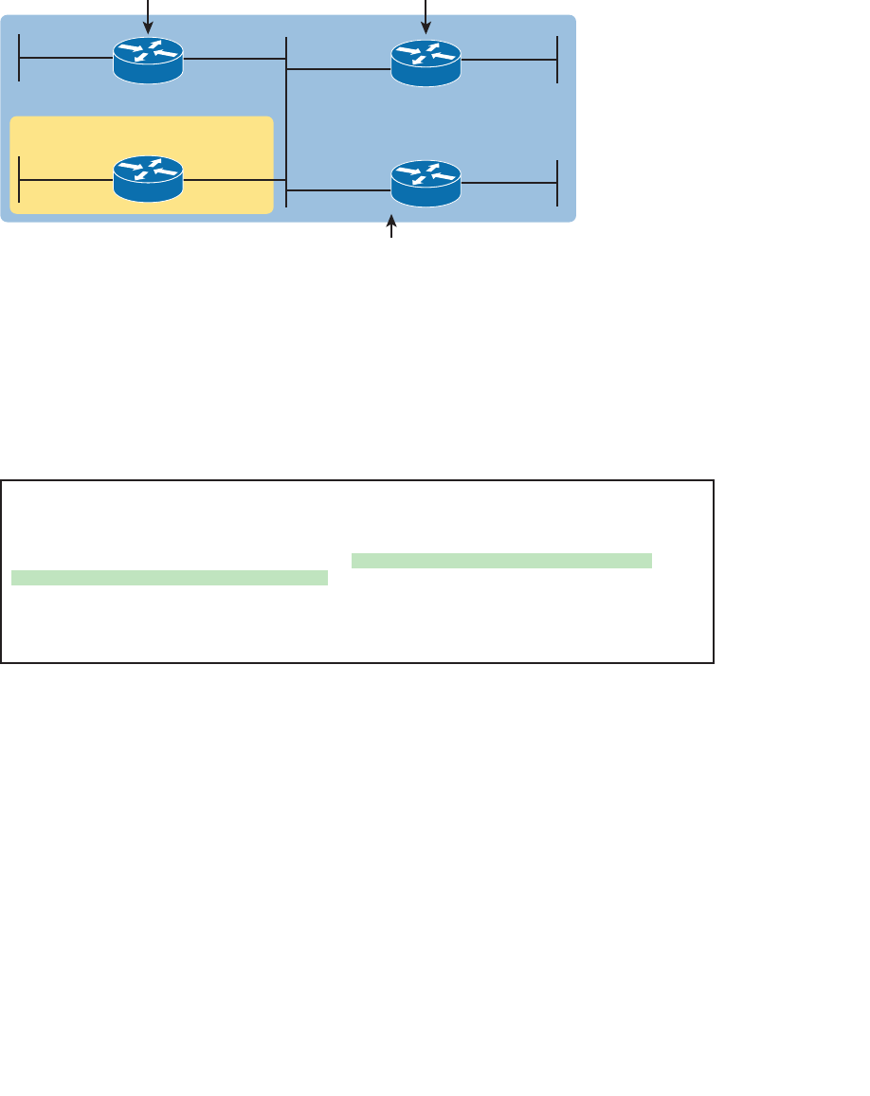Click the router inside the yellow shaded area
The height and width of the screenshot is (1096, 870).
click(148, 178)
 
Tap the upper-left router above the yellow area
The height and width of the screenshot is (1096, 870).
click(148, 60)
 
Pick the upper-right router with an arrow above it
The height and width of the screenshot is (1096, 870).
click(426, 62)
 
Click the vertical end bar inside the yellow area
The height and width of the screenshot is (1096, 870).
click(19, 178)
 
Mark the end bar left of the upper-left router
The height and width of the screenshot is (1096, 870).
click(19, 59)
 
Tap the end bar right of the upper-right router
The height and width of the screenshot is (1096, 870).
click(557, 60)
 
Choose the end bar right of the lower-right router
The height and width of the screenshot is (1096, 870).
click(557, 183)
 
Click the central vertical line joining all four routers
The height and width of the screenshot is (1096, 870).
click(286, 123)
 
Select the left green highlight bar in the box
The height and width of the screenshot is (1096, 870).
click(170, 578)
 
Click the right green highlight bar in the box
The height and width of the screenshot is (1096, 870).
click(501, 561)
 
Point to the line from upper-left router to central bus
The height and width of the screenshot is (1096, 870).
click(235, 59)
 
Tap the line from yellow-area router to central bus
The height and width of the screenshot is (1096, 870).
click(235, 178)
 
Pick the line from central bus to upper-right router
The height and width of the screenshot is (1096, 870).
click(338, 69)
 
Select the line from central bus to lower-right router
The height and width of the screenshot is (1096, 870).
click(338, 190)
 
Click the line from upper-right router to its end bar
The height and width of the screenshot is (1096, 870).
click(509, 59)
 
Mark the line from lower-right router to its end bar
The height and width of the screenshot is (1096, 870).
click(509, 182)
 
